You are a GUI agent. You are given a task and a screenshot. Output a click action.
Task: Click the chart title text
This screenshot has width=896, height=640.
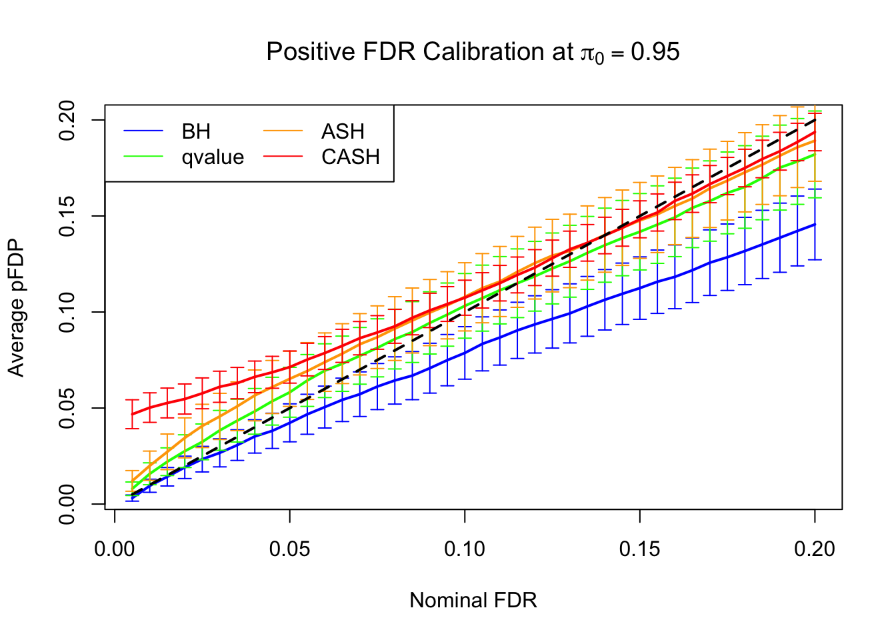click(x=473, y=52)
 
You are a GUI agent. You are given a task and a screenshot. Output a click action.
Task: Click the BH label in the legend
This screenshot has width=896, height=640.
click(x=196, y=131)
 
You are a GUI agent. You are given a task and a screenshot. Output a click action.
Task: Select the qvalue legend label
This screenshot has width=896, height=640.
click(x=213, y=157)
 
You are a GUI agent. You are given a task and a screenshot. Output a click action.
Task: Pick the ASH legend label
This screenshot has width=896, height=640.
click(x=343, y=131)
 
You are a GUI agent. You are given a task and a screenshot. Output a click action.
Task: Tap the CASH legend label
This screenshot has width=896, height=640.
click(x=350, y=157)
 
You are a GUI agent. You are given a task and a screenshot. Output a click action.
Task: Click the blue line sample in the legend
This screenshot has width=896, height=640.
click(x=143, y=131)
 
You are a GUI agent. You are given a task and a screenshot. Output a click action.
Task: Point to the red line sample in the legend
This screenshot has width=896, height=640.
click(x=283, y=157)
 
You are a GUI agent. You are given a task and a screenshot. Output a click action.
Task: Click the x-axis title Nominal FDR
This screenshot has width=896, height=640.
click(x=473, y=600)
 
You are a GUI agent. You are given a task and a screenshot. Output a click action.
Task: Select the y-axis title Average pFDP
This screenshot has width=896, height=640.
click(x=16, y=307)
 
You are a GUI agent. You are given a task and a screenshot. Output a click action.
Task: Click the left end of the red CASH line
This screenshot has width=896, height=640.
click(x=133, y=414)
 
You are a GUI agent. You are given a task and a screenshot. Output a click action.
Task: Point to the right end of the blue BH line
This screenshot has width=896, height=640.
click(x=815, y=224)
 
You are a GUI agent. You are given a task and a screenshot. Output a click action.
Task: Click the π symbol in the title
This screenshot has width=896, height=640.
click(x=587, y=53)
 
